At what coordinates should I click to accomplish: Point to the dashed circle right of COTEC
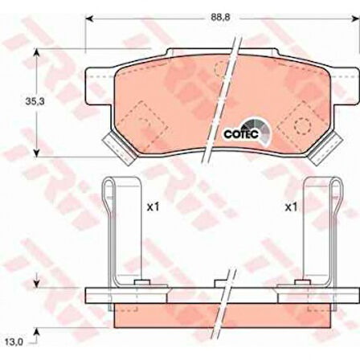click(302, 124)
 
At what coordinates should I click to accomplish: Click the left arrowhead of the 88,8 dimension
click(88, 18)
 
